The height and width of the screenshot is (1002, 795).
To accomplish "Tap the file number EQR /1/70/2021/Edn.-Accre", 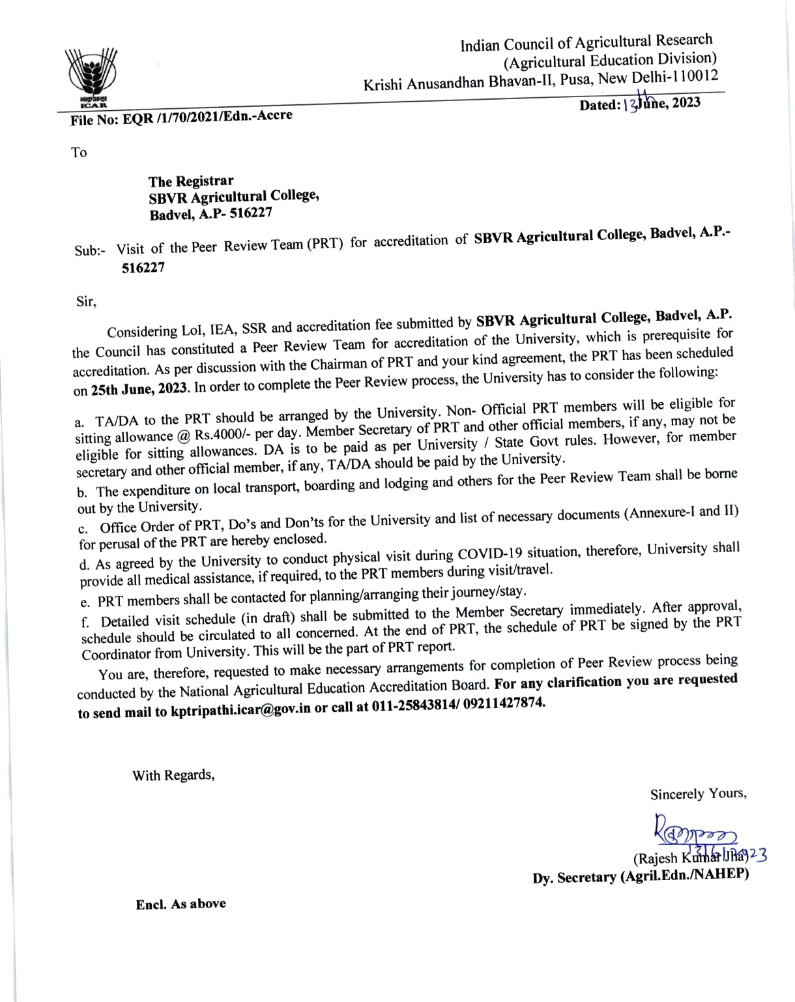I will (x=181, y=117).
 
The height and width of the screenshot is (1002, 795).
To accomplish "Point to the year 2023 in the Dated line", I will (x=686, y=102).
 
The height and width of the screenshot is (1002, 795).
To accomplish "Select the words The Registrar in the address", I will (x=190, y=181).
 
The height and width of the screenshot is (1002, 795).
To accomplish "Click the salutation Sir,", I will (x=86, y=301).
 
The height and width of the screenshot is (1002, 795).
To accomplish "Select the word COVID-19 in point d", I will (x=490, y=555).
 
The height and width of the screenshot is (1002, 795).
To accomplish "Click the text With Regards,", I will (x=173, y=775).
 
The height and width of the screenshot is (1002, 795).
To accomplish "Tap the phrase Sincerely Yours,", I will (x=698, y=794).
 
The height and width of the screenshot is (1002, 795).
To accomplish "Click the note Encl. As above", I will (x=181, y=904).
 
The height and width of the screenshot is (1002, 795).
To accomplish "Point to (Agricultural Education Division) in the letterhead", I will (x=610, y=61).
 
